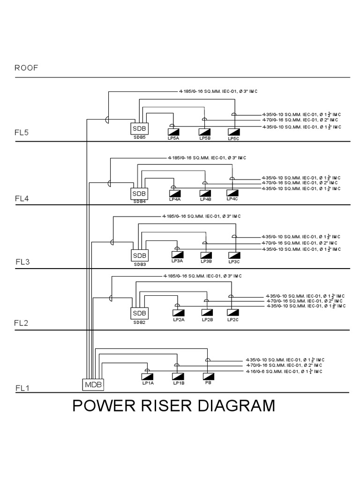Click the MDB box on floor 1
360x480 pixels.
point(93,385)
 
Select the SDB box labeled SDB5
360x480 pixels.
point(139,128)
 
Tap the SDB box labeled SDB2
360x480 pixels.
point(139,313)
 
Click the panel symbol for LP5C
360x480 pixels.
point(233,132)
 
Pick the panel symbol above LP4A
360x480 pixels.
point(174,193)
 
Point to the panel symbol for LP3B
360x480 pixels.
point(206,255)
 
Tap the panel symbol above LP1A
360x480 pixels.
point(148,376)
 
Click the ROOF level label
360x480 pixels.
point(26,67)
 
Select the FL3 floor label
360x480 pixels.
point(22,262)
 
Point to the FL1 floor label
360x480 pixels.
point(22,388)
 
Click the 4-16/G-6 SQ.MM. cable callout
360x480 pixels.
point(284,371)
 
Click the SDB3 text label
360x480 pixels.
point(139,264)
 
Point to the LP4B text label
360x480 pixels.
point(206,199)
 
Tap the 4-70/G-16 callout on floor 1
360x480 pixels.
point(284,365)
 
